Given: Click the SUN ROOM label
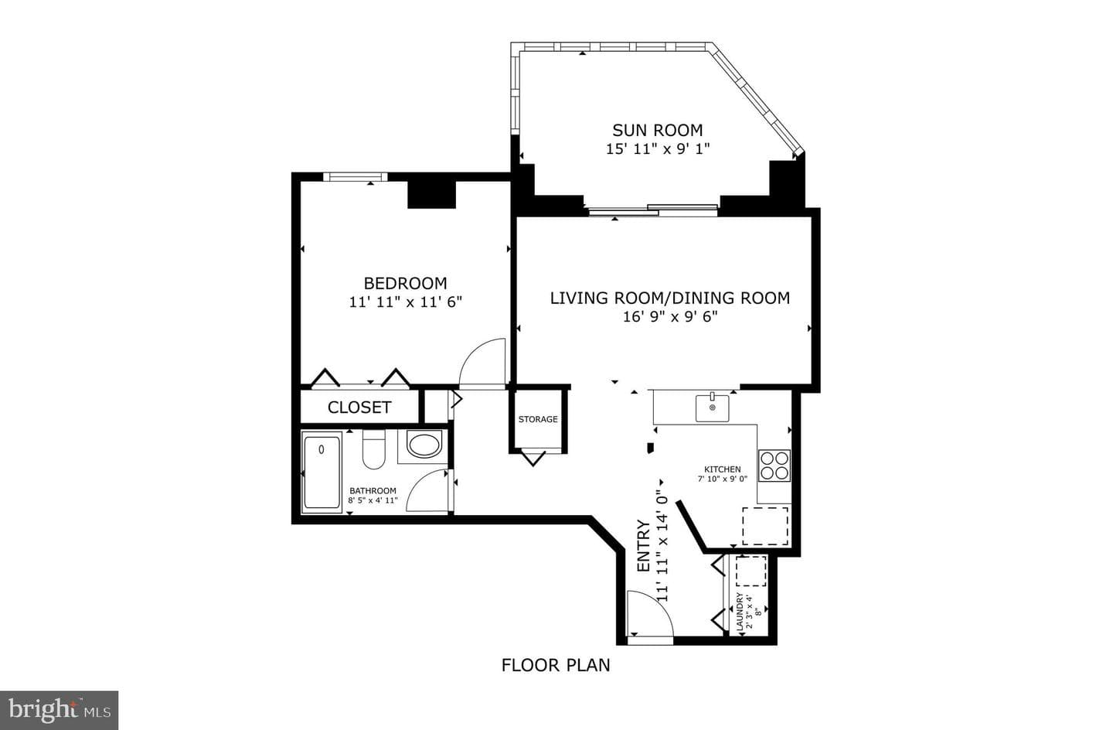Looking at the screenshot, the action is pos(657,130).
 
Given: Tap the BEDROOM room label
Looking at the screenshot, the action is pos(406,284).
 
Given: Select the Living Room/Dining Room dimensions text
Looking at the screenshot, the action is pos(670,317).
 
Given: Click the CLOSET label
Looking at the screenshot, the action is pos(359,408).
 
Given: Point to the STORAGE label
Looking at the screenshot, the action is pos(538,419).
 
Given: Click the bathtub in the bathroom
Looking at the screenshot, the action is pos(322,472).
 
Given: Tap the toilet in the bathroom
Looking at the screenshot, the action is pos(373,449).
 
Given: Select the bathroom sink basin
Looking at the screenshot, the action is pos(424,445).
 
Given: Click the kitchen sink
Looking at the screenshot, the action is pos(712,408).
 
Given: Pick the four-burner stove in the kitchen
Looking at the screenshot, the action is pos(774,466).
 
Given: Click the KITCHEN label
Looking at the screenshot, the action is pos(723,469).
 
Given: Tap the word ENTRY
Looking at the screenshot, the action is pos(643,546).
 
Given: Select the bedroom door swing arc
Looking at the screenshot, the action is pos(472,350).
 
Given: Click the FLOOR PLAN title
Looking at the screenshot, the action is pos(556,665).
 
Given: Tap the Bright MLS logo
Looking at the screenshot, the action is pos(59,710).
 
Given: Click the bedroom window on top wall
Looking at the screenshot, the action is pos(356,176).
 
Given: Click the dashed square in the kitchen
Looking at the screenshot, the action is pos(765,526).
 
